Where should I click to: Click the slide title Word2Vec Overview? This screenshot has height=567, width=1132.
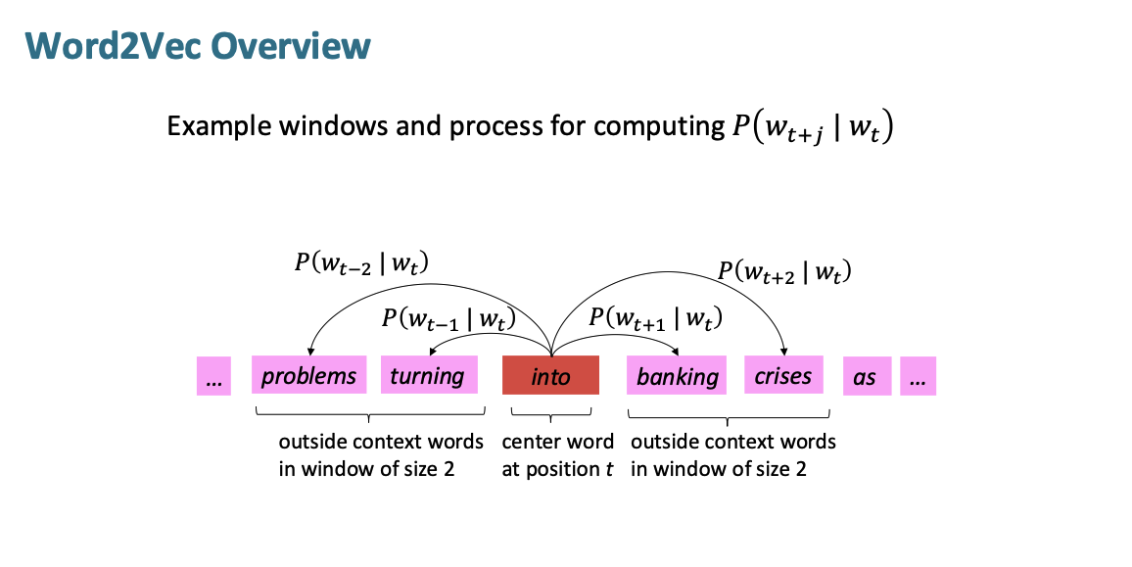coord(198,45)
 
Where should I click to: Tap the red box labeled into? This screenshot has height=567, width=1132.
coord(549,376)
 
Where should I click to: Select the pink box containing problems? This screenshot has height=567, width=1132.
coord(308,376)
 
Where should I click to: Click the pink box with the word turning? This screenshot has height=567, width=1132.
coord(427,376)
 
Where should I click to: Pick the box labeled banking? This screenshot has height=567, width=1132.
coord(677,376)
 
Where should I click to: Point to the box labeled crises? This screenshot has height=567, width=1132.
coord(782,376)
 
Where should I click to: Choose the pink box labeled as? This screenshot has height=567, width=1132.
coord(866,376)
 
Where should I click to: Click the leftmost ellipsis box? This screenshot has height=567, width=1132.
coord(213,376)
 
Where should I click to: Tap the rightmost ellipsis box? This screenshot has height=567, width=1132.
coord(918,376)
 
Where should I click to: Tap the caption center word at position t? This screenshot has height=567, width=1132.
coord(557,454)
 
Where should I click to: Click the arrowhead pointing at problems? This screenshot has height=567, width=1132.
coord(310,353)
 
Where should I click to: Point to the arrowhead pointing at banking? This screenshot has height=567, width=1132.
coord(676,353)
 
